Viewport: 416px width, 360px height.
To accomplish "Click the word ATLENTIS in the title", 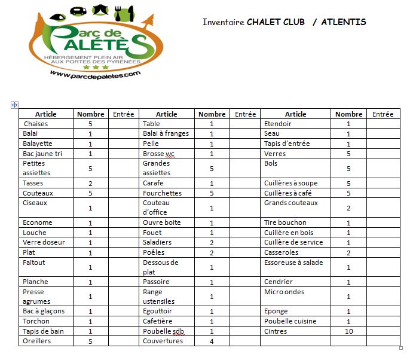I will (x=344, y=22).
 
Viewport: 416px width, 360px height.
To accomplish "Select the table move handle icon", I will (x=15, y=105).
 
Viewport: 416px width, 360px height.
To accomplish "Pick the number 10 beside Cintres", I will (x=349, y=331).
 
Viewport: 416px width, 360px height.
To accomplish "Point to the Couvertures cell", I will (x=163, y=341).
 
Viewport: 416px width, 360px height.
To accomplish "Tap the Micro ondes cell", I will (x=284, y=292).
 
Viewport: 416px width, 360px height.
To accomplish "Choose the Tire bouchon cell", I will (x=285, y=222).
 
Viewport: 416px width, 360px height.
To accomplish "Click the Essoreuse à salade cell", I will (x=293, y=262).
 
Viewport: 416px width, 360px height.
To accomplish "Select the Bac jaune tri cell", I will (x=42, y=154).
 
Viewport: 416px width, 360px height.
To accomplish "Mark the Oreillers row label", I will (x=36, y=341).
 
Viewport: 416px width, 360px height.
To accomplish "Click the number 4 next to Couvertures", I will (x=212, y=341).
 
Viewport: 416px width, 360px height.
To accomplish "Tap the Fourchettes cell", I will (x=162, y=193).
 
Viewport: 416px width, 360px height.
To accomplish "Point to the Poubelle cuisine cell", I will (x=290, y=321).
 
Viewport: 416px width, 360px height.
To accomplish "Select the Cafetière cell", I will (x=157, y=321).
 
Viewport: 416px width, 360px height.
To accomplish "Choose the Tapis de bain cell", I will (x=41, y=331).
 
